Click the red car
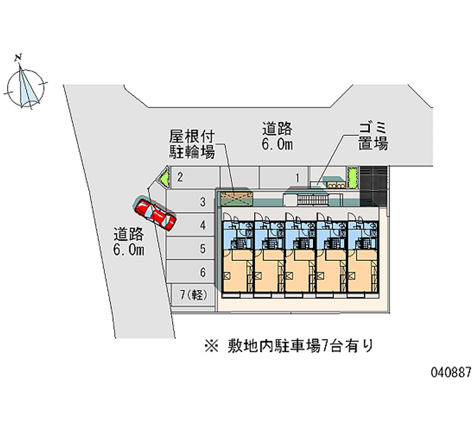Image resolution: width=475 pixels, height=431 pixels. tap(156, 214)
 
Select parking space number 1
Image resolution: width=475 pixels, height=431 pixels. tap(284, 177)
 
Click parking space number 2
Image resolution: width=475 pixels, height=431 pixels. tap(193, 177)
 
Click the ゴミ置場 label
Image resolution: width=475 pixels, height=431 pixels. tap(373, 136)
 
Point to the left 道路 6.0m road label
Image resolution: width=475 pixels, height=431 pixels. tap(129, 241)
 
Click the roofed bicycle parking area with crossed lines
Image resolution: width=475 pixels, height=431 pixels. tap(237, 199)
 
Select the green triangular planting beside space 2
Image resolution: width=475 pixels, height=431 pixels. tap(163, 176)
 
